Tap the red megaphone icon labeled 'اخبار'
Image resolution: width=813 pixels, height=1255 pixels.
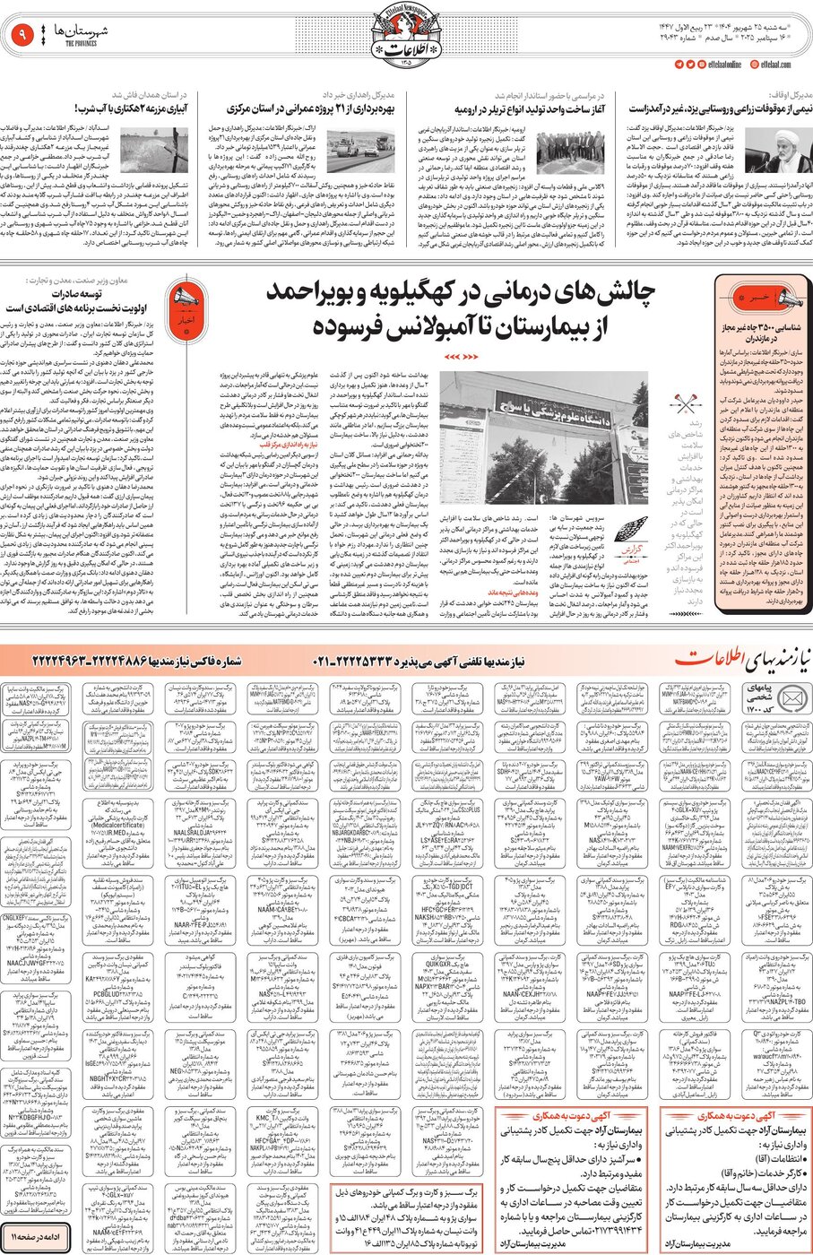click(x=183, y=305)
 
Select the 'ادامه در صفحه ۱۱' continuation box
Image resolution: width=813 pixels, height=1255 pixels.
click(x=36, y=1237)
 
